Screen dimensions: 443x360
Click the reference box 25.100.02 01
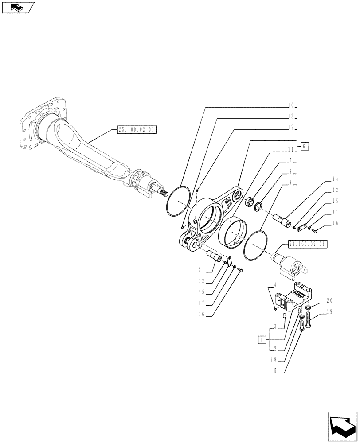[x=137, y=130]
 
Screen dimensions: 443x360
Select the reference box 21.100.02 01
[x=307, y=244]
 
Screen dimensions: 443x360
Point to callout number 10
[x=290, y=105]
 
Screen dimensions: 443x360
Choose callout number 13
[x=290, y=117]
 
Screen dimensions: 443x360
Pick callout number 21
[x=202, y=269]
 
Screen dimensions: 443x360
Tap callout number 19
[x=329, y=312]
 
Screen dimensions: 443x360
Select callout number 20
[x=329, y=300]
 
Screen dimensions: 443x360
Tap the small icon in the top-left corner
[x=18, y=7]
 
